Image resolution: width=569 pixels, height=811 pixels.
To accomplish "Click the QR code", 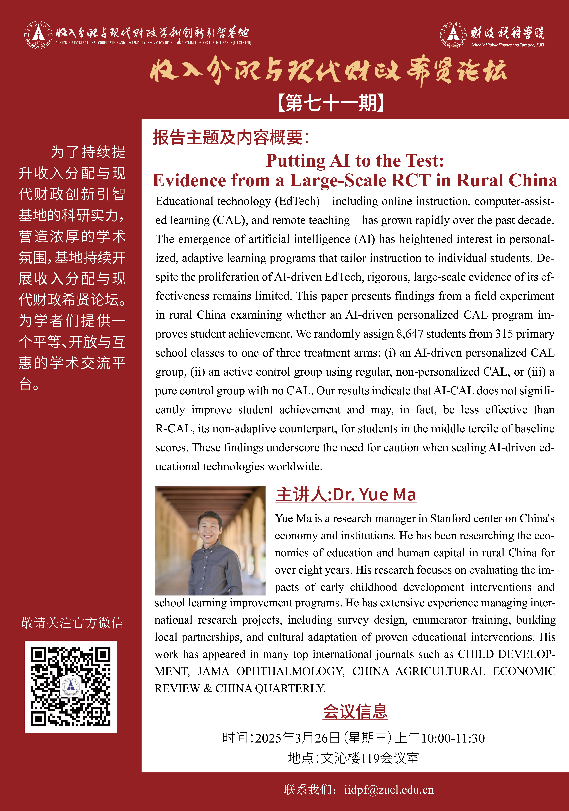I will point(71,687).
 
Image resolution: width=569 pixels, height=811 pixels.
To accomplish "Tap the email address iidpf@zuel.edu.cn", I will point(389,790).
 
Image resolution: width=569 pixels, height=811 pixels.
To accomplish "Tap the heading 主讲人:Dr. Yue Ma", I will point(346,494).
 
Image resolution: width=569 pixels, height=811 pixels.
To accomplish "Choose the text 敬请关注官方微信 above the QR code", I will point(72,623).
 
